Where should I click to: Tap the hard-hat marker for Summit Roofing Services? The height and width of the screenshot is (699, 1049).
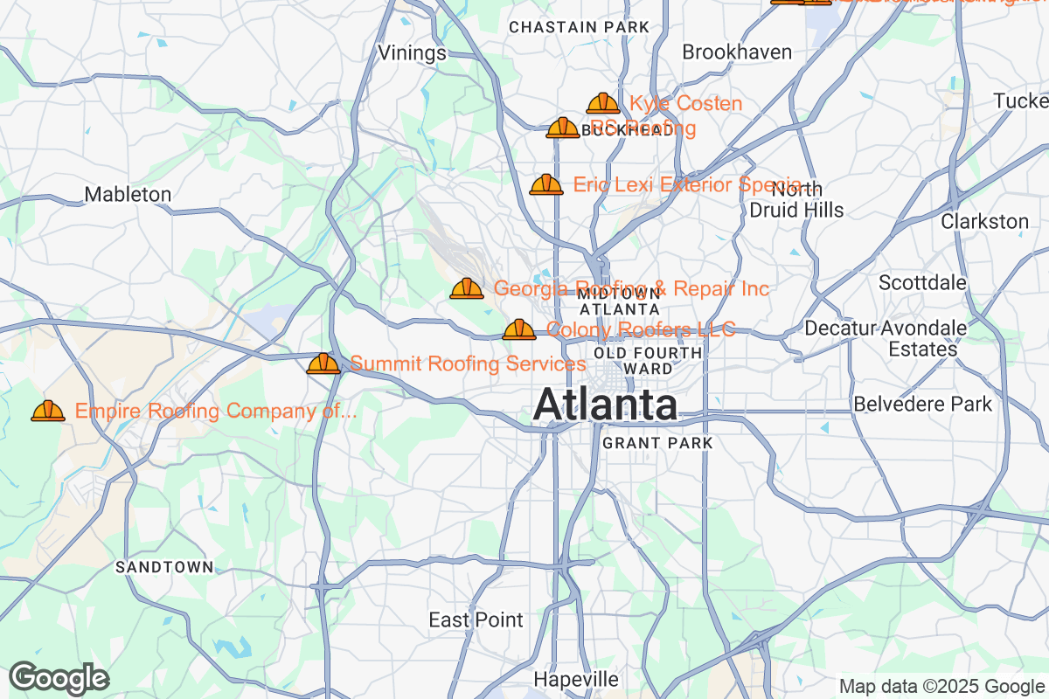323,363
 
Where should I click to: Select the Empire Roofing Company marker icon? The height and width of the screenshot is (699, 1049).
48,411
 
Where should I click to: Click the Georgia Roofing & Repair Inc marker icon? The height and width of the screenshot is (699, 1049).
467,288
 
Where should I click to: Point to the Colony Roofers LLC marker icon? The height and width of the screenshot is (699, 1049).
519,330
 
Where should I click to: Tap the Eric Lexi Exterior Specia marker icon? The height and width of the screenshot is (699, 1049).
546,185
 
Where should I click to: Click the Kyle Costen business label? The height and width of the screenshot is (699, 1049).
685,104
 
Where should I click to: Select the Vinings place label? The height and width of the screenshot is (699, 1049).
412,53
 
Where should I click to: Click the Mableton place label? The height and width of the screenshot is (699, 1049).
128,194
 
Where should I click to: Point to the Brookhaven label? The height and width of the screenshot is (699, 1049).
737,52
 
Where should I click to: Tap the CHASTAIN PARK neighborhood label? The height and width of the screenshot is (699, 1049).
580,27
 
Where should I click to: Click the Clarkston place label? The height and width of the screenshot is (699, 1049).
984,222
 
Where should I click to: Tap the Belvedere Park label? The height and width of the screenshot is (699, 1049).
922,405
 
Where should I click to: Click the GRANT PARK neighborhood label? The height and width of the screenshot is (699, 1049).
657,444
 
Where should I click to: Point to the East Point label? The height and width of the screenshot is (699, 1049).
476,620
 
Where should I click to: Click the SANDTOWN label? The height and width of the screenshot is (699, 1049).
164,567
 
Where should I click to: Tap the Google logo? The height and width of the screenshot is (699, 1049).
59,678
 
